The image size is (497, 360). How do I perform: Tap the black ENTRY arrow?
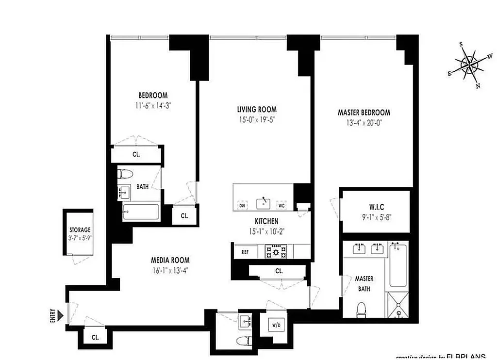(x=60, y=316)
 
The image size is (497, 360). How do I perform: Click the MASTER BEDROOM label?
(x=364, y=113)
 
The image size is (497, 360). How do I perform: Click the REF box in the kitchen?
(x=245, y=252)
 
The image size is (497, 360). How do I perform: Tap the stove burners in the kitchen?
(x=275, y=251)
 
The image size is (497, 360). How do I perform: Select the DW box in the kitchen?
(x=242, y=206)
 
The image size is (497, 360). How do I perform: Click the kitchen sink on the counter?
(x=264, y=202)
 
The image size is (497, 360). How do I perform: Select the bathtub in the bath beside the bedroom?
(x=141, y=212)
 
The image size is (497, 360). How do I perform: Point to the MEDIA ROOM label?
(x=170, y=260)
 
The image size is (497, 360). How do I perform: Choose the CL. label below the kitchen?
(x=279, y=271)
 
